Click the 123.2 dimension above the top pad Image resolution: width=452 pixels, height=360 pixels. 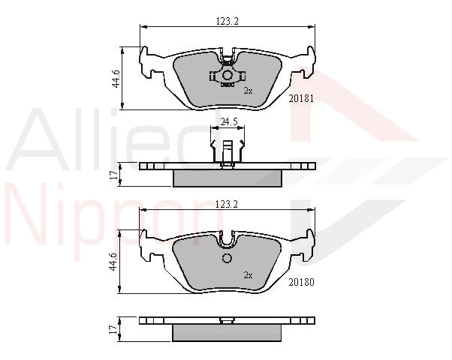pos(228,22)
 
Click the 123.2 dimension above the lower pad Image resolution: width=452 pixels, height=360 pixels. pos(227,204)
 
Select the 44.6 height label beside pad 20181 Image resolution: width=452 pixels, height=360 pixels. pos(116,78)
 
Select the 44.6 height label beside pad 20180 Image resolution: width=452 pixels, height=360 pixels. pos(114,262)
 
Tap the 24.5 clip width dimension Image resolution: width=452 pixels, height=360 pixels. pos(228,121)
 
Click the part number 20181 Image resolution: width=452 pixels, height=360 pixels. pos(301,99)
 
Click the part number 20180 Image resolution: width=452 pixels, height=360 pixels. pos(301,282)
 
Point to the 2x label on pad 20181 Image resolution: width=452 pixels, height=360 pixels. pos(248,91)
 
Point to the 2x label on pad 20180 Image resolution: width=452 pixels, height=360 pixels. pos(248,275)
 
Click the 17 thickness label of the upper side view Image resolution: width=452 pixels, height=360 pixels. pos(115,174)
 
